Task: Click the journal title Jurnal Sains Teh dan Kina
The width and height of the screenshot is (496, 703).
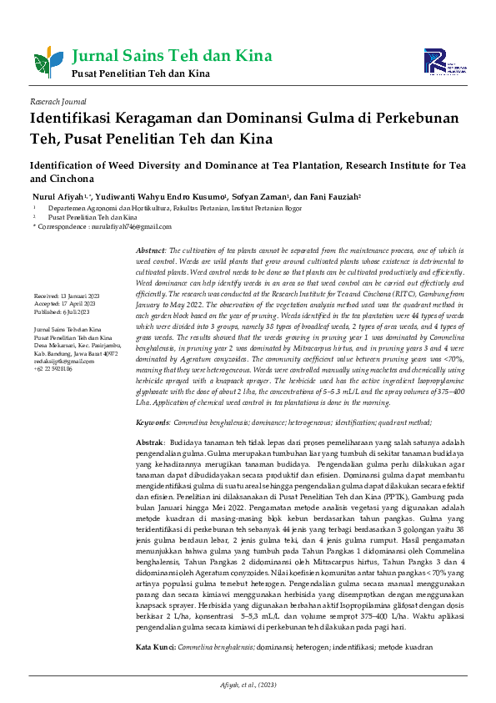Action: pyautogui.click(x=173, y=57)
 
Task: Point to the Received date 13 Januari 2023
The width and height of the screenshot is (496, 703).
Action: pyautogui.click(x=78, y=296)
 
